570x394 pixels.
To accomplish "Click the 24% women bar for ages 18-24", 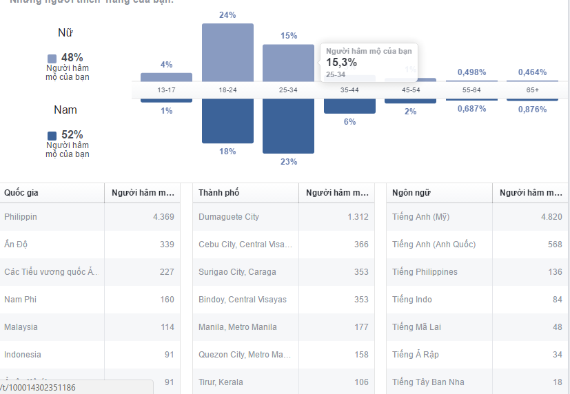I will [x=227, y=52].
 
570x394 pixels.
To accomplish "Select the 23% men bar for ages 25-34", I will [x=288, y=128].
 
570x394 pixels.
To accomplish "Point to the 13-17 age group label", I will [x=167, y=90].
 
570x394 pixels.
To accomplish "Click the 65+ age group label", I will [x=533, y=90].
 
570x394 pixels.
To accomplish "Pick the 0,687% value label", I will [x=471, y=110].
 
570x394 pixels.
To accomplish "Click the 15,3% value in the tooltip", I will [x=341, y=63].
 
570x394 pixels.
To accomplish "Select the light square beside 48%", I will [x=52, y=59].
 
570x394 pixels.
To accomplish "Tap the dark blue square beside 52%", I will [x=52, y=136].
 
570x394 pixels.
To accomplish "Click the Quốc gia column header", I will [x=21, y=193].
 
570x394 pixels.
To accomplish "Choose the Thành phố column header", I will [x=218, y=193].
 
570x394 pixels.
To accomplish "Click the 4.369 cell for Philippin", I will [x=163, y=217].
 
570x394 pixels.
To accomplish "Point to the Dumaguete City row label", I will [x=229, y=217].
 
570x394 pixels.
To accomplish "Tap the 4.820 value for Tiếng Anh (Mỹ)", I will [x=551, y=217].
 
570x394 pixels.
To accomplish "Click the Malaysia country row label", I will [x=21, y=327].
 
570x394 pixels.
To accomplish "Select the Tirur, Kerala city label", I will [x=221, y=382].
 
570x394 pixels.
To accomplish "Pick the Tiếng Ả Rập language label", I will [x=415, y=355].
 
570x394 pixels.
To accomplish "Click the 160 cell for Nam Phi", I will [x=167, y=300].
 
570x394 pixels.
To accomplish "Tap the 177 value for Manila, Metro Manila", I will [x=361, y=327].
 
